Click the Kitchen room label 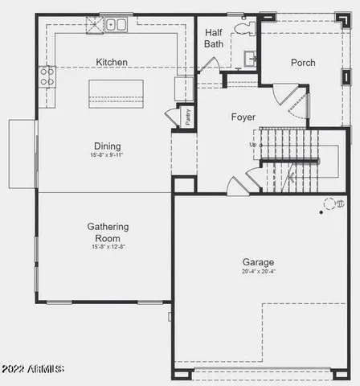point(112,62)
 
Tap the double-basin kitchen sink point(117,25)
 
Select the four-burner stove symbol point(47,76)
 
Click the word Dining point(107,146)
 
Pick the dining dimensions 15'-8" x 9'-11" point(107,154)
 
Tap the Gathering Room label point(108,232)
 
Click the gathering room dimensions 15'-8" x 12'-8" point(108,247)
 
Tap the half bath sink point(249,58)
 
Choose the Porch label point(303,63)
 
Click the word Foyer point(243,117)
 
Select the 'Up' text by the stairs point(253,145)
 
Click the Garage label point(258,262)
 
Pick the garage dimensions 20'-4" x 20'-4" point(258,272)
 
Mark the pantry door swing point(173,117)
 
